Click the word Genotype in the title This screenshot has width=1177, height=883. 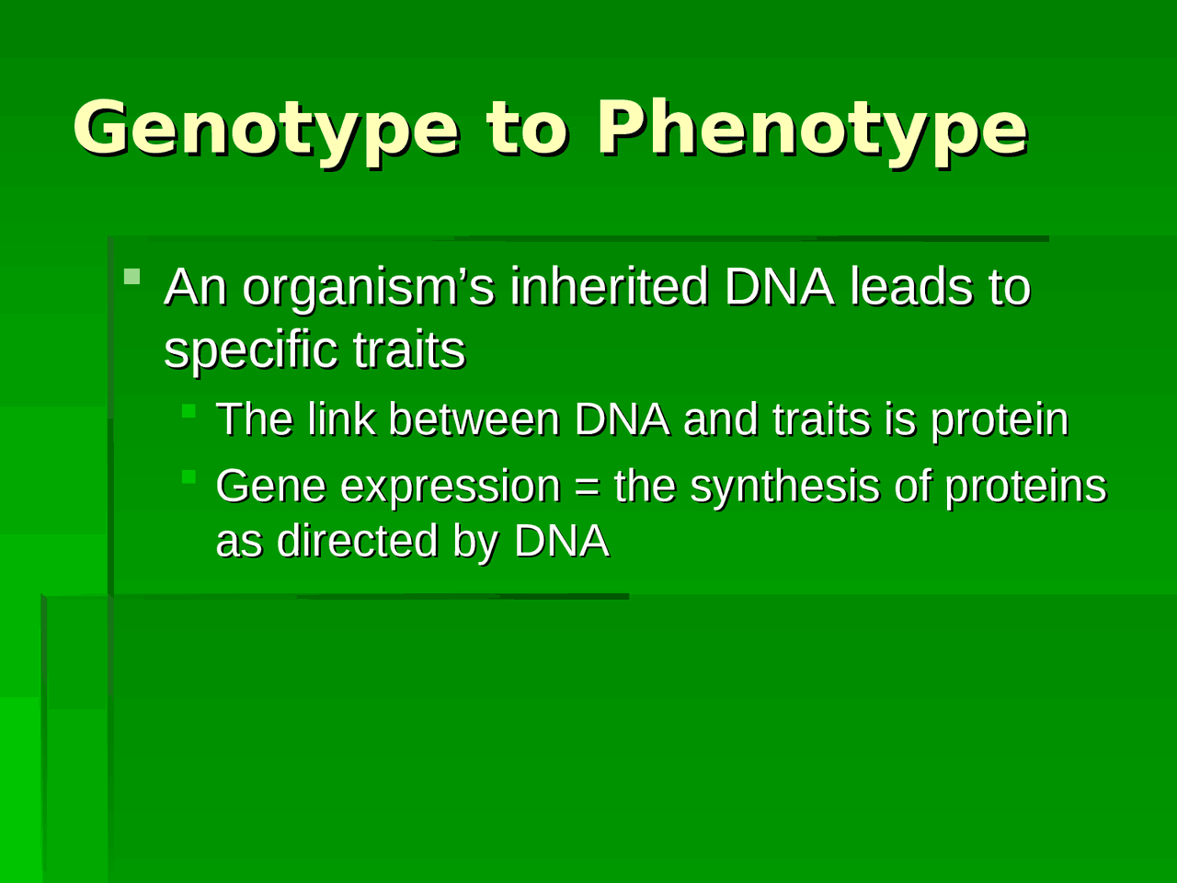click(266, 129)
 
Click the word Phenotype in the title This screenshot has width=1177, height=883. click(811, 129)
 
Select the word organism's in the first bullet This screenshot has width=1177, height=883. click(368, 288)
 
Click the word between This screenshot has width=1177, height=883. click(474, 419)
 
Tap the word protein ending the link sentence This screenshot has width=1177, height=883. click(1000, 421)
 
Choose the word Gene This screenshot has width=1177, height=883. click(270, 486)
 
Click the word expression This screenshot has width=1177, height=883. click(450, 487)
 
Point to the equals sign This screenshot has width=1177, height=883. click(587, 487)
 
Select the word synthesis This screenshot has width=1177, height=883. click(784, 487)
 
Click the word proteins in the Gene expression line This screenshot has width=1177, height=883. click(1025, 487)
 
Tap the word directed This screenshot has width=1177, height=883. click(357, 541)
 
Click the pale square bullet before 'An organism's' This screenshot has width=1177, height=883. click(132, 276)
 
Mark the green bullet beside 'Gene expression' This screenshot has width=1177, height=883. click(189, 476)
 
